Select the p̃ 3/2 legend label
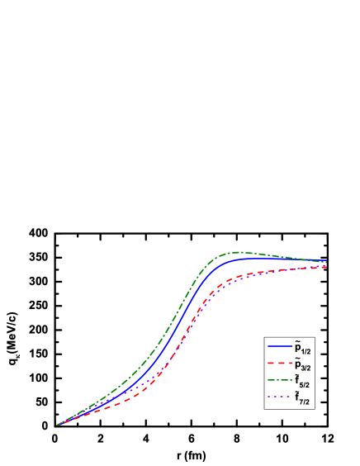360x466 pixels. (x=301, y=364)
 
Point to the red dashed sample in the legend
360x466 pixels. (x=279, y=364)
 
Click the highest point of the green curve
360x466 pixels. (x=239, y=252)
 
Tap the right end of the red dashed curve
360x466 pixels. (x=325, y=267)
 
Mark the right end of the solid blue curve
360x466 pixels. (x=325, y=261)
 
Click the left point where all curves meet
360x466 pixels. (x=57, y=426)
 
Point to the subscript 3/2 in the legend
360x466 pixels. (x=306, y=368)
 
